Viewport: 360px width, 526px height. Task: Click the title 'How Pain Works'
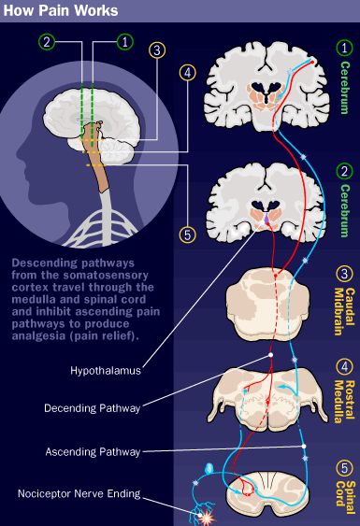[61, 10]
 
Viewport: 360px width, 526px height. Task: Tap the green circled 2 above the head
[47, 42]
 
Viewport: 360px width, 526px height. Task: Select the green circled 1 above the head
[125, 42]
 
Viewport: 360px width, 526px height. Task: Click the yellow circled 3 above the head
[157, 50]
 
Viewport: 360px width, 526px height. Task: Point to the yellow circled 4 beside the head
[188, 73]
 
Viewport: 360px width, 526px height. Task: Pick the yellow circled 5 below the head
[187, 235]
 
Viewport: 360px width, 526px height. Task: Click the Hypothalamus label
[106, 371]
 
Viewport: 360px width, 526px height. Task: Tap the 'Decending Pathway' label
[92, 408]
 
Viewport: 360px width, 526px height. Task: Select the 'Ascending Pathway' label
[93, 452]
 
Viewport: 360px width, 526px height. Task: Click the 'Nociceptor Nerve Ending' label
[79, 494]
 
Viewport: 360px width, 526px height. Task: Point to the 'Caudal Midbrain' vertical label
[344, 312]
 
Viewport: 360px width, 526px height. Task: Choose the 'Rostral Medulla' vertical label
[344, 402]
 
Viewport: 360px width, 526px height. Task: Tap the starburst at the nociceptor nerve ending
[206, 518]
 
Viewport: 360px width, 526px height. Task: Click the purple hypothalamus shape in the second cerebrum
[266, 220]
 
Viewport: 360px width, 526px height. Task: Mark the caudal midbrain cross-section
[267, 304]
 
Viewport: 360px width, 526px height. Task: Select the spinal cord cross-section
[266, 493]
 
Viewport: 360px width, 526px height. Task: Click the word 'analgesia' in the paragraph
[38, 335]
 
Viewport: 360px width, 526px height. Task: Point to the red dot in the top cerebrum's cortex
[312, 62]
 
